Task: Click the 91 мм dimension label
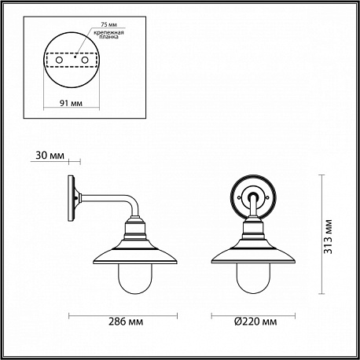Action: pyautogui.click(x=71, y=103)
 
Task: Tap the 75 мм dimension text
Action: pyautogui.click(x=108, y=24)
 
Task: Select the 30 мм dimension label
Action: pyautogui.click(x=50, y=156)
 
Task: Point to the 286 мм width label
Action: pyautogui.click(x=126, y=321)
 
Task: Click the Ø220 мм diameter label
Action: pyautogui.click(x=255, y=321)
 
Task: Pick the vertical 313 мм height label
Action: pyautogui.click(x=328, y=237)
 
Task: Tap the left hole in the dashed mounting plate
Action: pyautogui.click(x=59, y=61)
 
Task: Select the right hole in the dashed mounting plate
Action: pyautogui.click(x=84, y=61)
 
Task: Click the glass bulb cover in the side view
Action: pyautogui.click(x=135, y=278)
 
